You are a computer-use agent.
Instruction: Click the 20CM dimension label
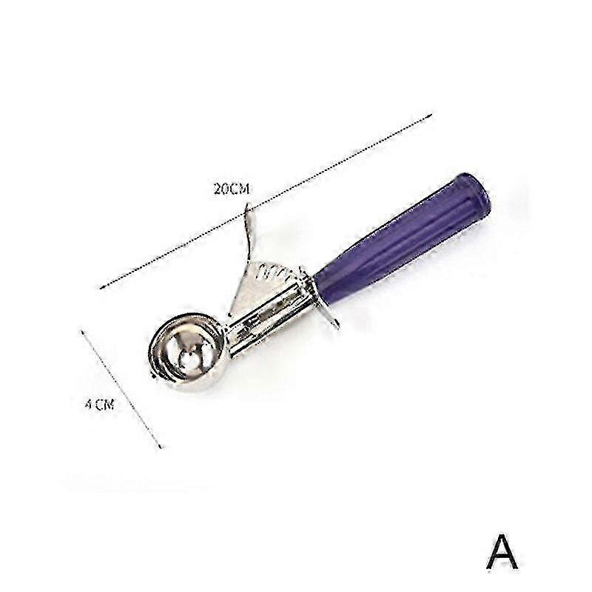click(x=232, y=189)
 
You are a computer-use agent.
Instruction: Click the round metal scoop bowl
click(x=186, y=352)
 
